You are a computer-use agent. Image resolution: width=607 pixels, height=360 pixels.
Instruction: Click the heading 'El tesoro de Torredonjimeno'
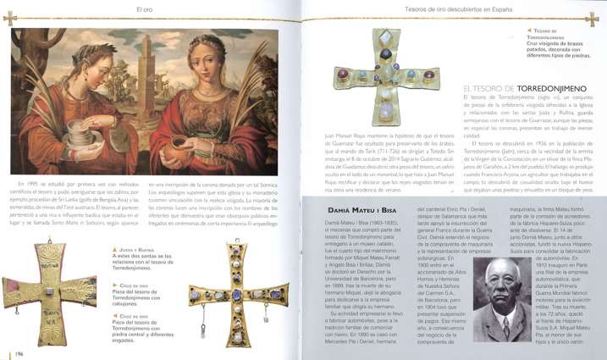pos(517,87)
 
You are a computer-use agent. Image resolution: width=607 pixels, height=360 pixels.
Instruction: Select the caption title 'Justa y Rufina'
pos(134,252)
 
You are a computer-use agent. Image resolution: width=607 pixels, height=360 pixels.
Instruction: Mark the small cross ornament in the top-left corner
pos(10,17)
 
